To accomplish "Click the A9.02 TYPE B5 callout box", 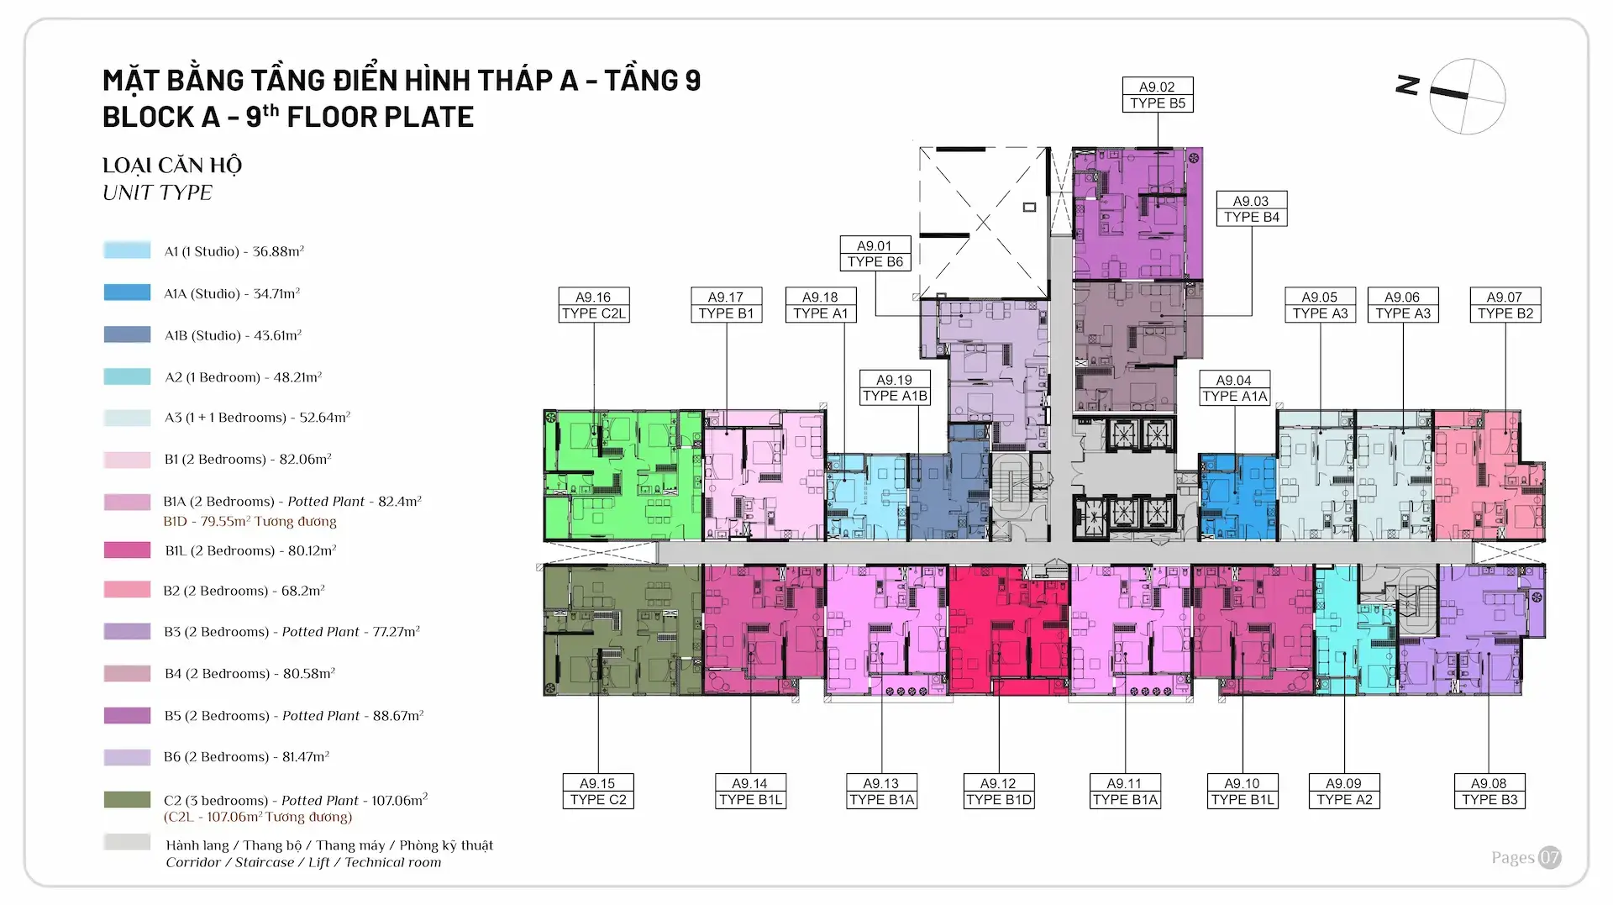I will tap(1158, 95).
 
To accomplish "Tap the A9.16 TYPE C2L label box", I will tap(594, 305).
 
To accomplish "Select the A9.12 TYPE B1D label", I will tap(998, 792).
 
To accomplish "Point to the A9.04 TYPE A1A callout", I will tap(1234, 388).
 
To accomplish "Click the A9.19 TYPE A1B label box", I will tap(895, 388).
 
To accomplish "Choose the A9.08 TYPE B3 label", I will tap(1489, 792).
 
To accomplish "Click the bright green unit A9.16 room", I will tap(623, 476).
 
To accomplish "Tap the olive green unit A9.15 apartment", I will tap(623, 629).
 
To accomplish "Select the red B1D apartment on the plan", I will tap(1008, 629).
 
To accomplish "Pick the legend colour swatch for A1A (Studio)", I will tap(127, 292).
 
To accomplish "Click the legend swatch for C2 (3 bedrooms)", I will tap(127, 800).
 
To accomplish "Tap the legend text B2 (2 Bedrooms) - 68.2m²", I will tap(244, 591).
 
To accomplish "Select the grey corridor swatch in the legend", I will tap(127, 843).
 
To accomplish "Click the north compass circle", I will tap(1467, 97).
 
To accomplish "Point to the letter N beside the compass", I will tap(1408, 85).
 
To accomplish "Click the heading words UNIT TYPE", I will tap(157, 193).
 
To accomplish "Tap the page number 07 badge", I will tap(1549, 858).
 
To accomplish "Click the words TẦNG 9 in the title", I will tap(652, 81).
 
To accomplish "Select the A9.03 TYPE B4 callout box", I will tap(1252, 209).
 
